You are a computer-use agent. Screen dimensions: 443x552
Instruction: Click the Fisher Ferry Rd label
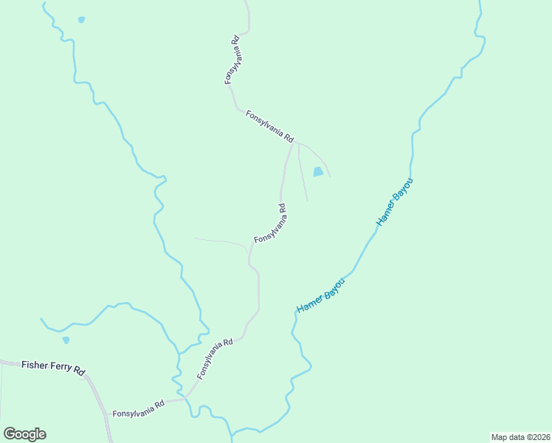tap(54, 366)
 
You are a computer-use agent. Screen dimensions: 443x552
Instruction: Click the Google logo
tap(24, 434)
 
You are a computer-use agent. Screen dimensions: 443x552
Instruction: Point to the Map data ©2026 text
tap(520, 436)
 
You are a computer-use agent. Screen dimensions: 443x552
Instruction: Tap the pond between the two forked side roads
tap(318, 172)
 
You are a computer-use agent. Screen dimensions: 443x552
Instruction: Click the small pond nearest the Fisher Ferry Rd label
tap(66, 340)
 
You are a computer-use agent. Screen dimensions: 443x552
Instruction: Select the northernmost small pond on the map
tap(81, 20)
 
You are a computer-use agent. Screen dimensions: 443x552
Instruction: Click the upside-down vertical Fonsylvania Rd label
tap(232, 59)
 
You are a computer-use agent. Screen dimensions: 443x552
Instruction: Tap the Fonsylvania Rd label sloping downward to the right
tap(270, 126)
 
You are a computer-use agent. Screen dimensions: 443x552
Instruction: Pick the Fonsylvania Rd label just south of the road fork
tap(271, 224)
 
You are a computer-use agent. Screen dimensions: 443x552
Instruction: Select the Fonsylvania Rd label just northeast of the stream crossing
tap(215, 358)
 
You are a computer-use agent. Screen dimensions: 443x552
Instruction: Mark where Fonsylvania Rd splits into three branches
tap(294, 143)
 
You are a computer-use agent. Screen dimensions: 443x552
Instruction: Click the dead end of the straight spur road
tap(308, 201)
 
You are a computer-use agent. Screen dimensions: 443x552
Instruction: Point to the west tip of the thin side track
tap(195, 238)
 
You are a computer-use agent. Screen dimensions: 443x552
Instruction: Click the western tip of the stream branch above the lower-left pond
tap(41, 319)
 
